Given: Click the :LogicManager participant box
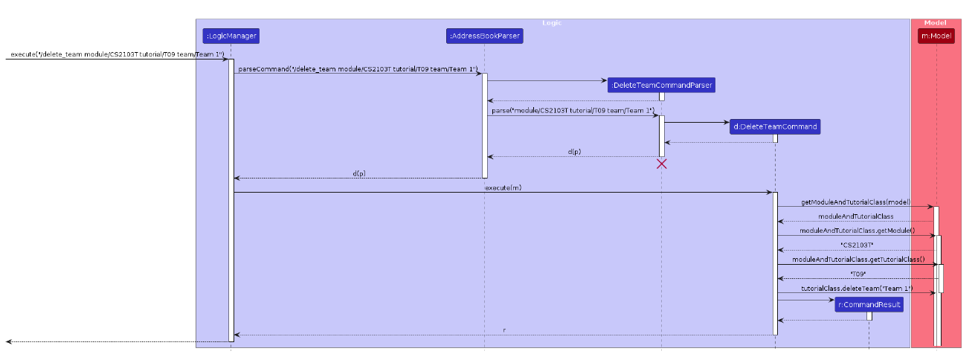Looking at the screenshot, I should click(x=231, y=36).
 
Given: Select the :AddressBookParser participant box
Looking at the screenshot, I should click(x=484, y=36).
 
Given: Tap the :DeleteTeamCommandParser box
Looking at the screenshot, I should click(x=661, y=86).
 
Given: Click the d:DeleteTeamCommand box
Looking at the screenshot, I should click(x=775, y=126).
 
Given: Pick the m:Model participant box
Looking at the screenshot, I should click(x=936, y=36).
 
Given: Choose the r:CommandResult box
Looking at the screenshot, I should click(x=869, y=304).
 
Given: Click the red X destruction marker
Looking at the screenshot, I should click(x=661, y=164).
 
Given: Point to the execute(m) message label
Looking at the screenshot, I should click(x=503, y=187).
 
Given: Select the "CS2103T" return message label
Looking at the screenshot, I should click(x=856, y=245).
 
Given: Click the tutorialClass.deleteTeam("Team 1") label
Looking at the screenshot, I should click(x=856, y=289).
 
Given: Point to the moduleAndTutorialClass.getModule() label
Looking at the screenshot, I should click(x=856, y=231).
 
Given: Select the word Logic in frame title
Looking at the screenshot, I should click(x=552, y=23).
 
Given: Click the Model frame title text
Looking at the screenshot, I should click(x=935, y=23).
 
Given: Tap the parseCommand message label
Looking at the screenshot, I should click(x=358, y=69).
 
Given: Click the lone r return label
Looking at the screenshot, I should click(x=504, y=330).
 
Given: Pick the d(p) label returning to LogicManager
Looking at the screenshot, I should click(x=358, y=173).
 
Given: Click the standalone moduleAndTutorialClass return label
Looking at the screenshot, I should click(x=856, y=216).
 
